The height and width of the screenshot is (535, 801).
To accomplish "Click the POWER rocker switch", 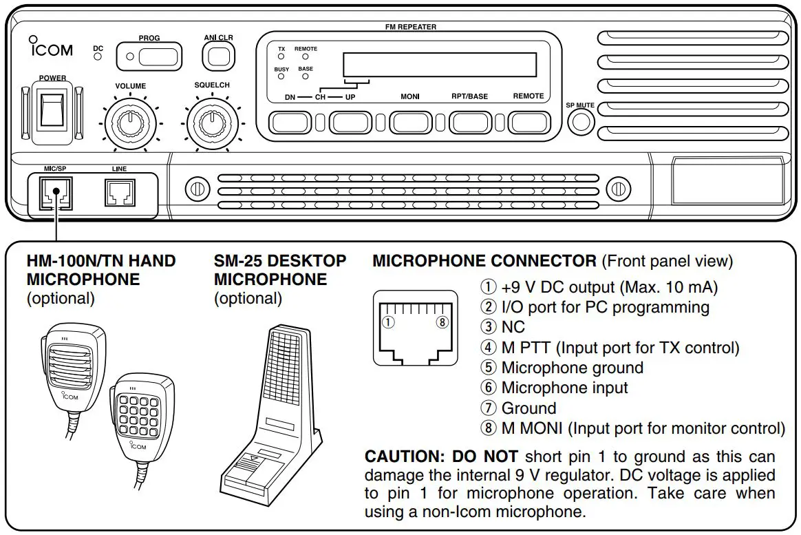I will pyautogui.click(x=52, y=110).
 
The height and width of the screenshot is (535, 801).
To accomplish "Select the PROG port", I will pyautogui.click(x=149, y=56).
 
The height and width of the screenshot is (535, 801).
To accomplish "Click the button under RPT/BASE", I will pyautogui.click(x=470, y=122).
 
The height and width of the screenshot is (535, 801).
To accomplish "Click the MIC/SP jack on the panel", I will pyautogui.click(x=54, y=193).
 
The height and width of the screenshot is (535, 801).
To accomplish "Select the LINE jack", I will pyautogui.click(x=119, y=193).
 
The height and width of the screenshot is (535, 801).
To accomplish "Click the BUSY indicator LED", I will pyautogui.click(x=281, y=76).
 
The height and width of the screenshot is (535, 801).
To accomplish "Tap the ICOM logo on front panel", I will pyautogui.click(x=50, y=49).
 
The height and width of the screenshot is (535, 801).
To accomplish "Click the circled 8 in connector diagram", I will pyautogui.click(x=442, y=321).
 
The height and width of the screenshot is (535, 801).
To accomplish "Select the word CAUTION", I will pyautogui.click(x=405, y=457).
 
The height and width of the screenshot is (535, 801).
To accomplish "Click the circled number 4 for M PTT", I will pyautogui.click(x=488, y=348).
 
